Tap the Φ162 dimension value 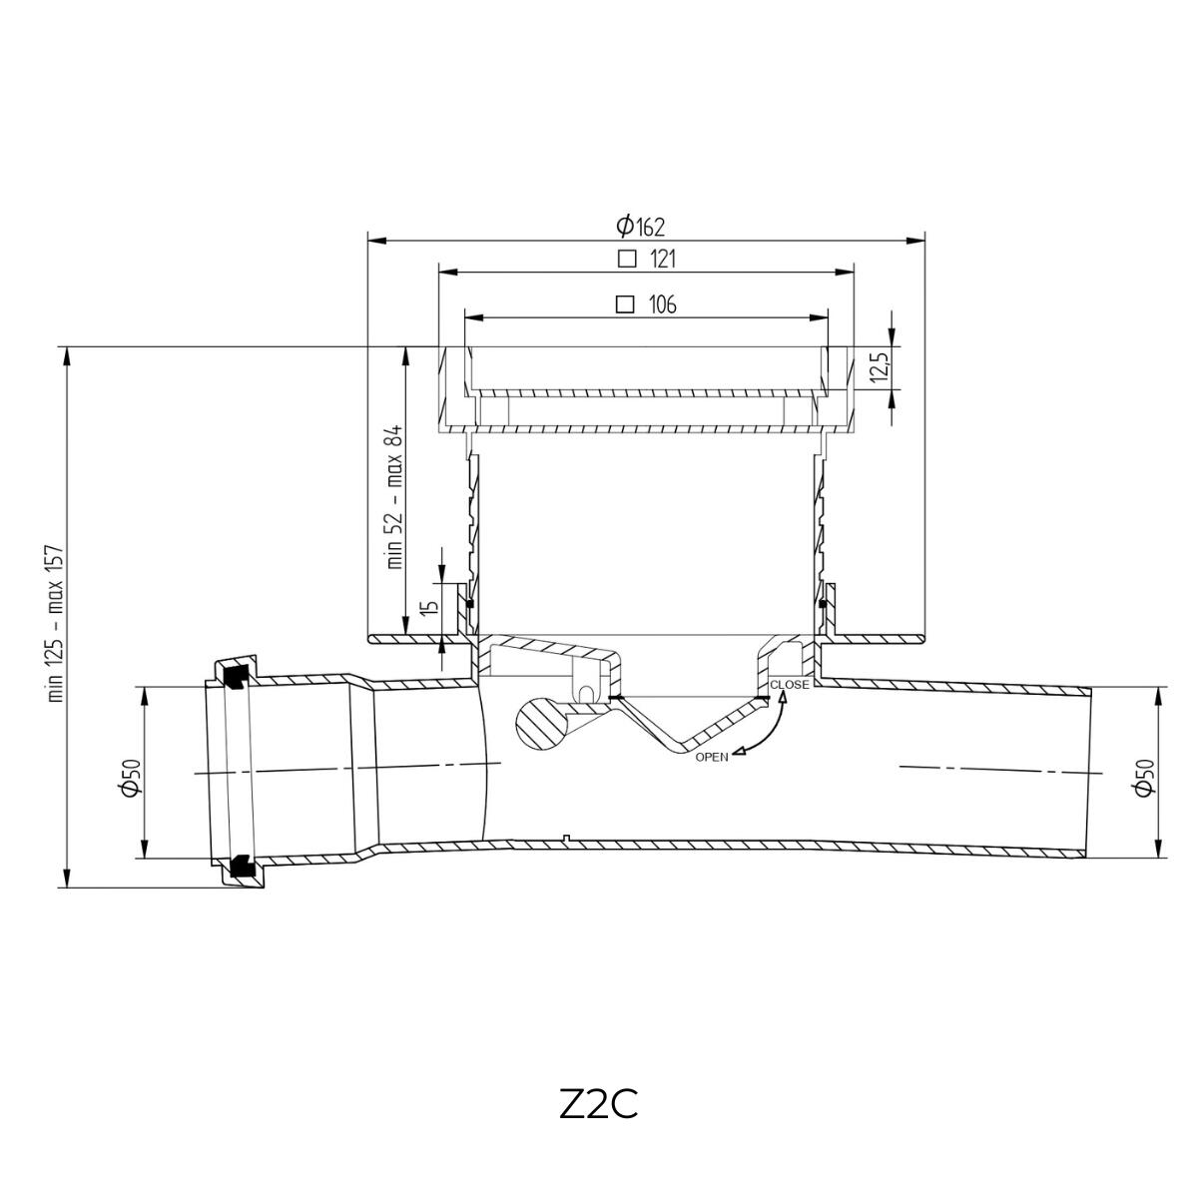tap(640, 226)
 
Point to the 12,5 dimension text tap(880, 368)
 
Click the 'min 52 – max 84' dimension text tap(394, 497)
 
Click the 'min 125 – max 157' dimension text tap(56, 624)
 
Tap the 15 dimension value tap(430, 606)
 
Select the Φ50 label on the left tap(133, 777)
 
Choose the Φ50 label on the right tap(1144, 777)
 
